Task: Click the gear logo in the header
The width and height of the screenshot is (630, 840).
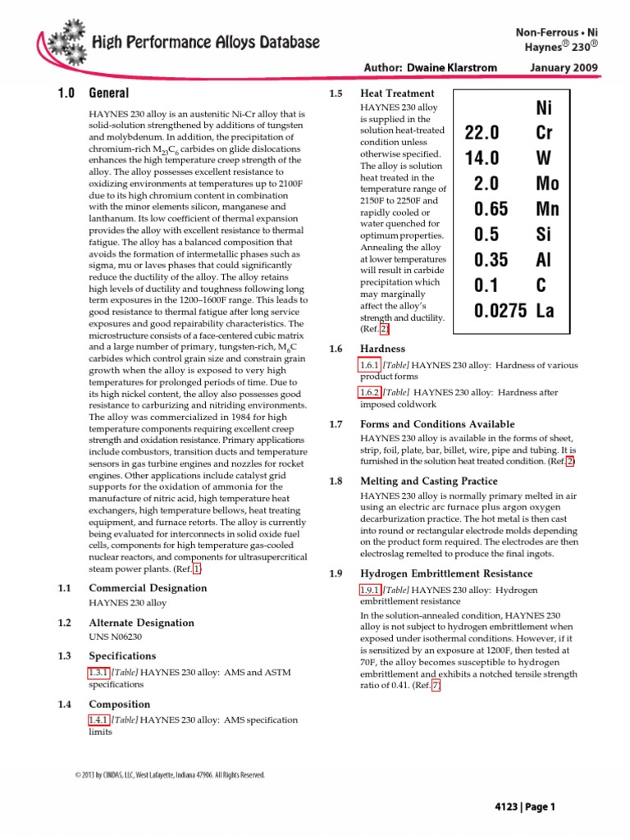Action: (x=63, y=40)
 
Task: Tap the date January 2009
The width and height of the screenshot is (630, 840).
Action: (x=564, y=67)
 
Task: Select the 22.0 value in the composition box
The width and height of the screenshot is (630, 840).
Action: (x=482, y=133)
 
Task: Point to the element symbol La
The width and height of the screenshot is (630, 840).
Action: (x=544, y=311)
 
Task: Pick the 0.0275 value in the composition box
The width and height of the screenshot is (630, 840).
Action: (x=499, y=311)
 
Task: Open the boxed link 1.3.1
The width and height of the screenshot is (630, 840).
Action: (x=98, y=673)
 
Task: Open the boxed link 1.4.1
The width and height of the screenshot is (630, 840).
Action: (x=98, y=720)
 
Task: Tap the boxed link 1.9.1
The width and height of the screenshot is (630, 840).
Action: (x=370, y=591)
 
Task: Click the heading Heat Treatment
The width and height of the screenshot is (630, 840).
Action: (x=398, y=94)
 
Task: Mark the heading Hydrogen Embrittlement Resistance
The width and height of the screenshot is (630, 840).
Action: (x=440, y=573)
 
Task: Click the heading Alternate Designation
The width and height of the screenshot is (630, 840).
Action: (x=141, y=623)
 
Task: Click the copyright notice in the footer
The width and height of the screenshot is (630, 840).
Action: (x=170, y=774)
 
